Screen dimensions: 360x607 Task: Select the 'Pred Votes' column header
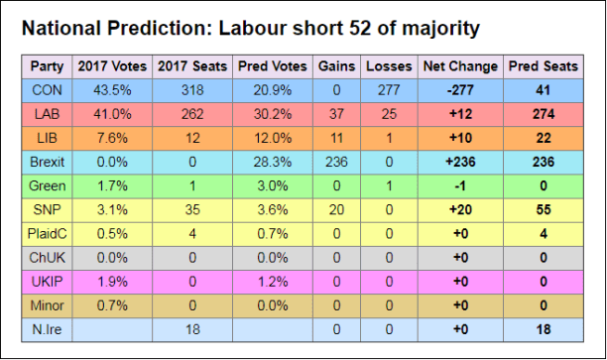271,67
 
